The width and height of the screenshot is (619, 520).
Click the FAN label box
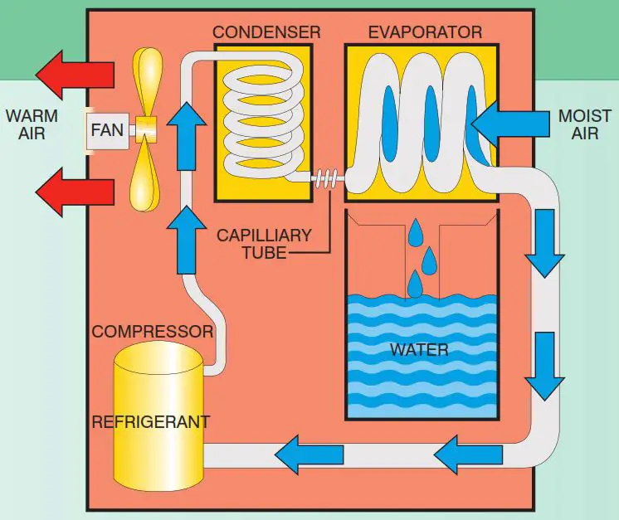[x=106, y=130]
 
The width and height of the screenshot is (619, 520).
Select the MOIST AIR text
[x=584, y=124]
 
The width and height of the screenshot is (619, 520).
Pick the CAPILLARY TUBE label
[x=264, y=243]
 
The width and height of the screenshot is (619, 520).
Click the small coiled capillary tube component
[x=325, y=177]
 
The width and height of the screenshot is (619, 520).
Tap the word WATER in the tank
[x=419, y=349]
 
